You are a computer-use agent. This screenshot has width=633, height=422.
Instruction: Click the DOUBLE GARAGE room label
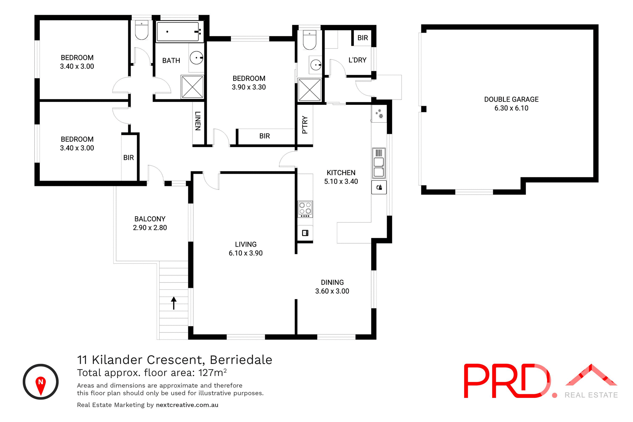click(x=511, y=99)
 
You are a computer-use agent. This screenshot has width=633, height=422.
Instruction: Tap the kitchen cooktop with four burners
click(x=305, y=209)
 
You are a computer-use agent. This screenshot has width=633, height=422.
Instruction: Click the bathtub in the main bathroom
click(x=178, y=32)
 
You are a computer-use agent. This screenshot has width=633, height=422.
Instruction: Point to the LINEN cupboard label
click(x=198, y=121)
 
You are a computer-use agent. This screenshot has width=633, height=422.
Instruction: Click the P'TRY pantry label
click(x=305, y=125)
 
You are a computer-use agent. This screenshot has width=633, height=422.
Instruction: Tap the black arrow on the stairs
click(x=174, y=303)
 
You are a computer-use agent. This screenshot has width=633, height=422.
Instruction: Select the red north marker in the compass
click(x=41, y=385)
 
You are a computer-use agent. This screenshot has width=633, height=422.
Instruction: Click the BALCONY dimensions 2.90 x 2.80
click(x=150, y=227)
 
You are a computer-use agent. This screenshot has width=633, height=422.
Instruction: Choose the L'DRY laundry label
click(x=357, y=60)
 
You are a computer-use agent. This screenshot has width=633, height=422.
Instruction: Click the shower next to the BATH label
click(x=192, y=87)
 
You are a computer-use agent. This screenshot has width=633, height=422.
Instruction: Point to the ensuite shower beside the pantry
click(x=309, y=90)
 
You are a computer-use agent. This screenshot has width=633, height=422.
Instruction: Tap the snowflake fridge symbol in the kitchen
click(x=379, y=114)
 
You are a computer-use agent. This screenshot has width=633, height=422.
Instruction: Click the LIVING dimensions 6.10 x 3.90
click(x=246, y=253)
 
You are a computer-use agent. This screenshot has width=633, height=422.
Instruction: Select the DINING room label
click(x=332, y=282)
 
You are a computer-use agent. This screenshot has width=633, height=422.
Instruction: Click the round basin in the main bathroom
click(x=196, y=58)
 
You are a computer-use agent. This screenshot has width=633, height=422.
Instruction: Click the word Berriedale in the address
click(x=241, y=360)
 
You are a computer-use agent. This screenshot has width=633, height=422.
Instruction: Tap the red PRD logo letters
click(x=506, y=381)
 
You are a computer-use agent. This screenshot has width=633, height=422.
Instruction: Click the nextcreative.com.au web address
click(x=187, y=405)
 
